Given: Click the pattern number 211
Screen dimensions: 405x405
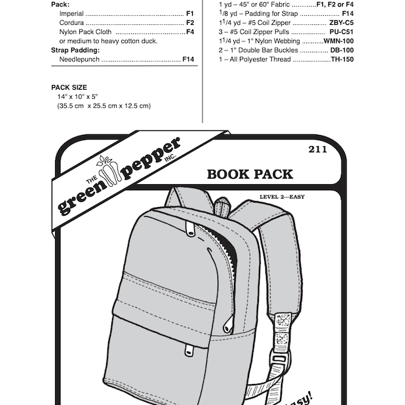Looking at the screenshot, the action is (317, 149).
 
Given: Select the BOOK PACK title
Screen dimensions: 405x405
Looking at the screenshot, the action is (250, 174).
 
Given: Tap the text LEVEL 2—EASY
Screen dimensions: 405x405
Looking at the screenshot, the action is (282, 197).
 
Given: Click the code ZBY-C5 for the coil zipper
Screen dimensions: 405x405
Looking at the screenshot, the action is (341, 23).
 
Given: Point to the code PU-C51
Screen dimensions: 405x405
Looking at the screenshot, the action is (341, 31).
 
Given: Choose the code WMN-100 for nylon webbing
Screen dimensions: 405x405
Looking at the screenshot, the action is (339, 41).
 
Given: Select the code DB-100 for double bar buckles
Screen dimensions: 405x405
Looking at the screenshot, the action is (342, 50).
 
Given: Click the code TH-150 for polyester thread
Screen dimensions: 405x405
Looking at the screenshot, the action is (342, 60).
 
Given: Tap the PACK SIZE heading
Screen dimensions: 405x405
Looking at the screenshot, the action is (69, 88).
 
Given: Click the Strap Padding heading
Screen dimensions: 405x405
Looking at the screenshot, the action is (75, 50).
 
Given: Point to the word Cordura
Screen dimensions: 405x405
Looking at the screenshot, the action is (71, 23).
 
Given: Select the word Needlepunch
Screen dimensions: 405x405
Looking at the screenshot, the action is (79, 60).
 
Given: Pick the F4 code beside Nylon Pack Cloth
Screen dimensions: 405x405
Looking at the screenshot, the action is (190, 31).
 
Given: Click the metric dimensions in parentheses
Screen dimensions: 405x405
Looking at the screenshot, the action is (104, 106).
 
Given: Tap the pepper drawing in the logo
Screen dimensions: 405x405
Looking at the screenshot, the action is (107, 170).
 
